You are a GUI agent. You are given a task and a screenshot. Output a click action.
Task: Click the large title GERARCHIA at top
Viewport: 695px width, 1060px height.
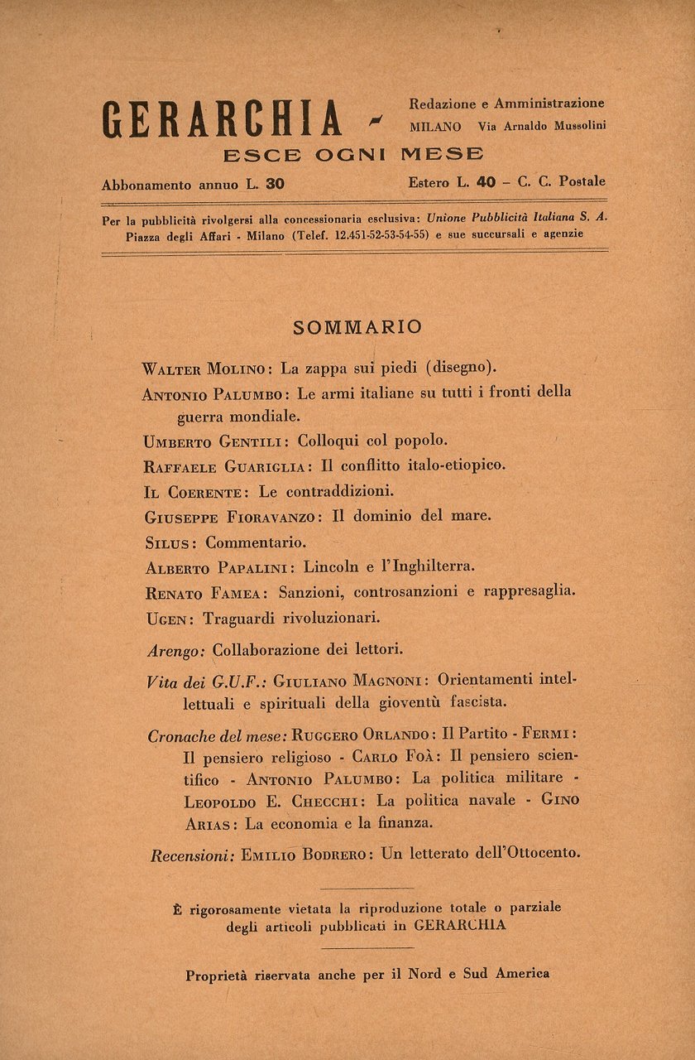click(222, 119)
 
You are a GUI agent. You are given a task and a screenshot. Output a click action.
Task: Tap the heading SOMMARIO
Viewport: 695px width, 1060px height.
click(357, 327)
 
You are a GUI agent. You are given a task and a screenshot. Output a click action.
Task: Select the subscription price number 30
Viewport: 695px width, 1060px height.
click(276, 185)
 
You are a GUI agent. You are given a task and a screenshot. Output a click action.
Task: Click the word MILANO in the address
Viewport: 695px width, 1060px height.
click(435, 127)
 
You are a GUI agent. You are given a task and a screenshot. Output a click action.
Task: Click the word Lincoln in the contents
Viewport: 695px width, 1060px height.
click(331, 567)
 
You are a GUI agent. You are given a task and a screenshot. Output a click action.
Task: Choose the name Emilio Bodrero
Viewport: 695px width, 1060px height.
click(307, 855)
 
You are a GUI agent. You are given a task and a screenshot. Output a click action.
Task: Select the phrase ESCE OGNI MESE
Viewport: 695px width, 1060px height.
click(353, 155)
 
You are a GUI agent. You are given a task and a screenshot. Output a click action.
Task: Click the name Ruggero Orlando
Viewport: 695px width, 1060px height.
click(362, 735)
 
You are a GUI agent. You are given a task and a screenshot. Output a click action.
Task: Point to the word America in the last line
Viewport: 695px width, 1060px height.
click(522, 974)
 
